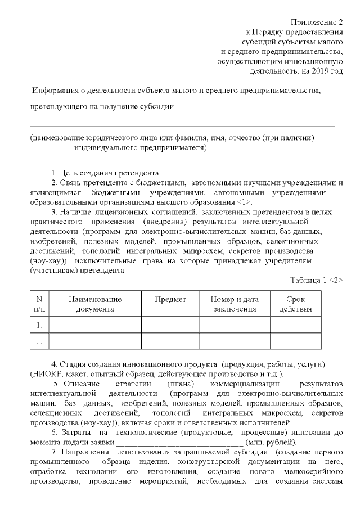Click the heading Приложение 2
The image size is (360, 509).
click(x=317, y=22)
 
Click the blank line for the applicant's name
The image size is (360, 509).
click(x=182, y=127)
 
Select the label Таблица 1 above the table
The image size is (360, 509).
click(x=308, y=280)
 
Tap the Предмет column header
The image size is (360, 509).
click(x=170, y=300)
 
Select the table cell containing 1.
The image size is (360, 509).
click(x=39, y=325)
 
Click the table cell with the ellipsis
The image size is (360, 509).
click(x=39, y=341)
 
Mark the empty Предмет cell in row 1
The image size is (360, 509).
click(x=170, y=325)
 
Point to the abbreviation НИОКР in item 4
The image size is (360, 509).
click(x=44, y=374)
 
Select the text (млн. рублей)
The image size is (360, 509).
click(x=272, y=442)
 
